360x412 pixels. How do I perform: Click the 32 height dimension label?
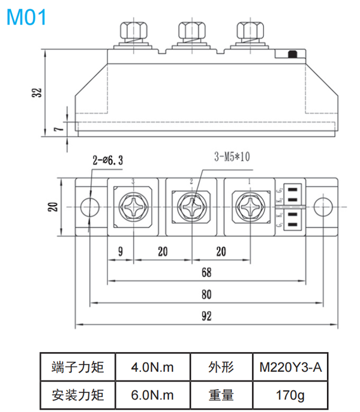[38, 93]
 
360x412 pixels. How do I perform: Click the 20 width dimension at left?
[53, 206]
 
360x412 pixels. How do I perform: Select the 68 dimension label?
[206, 272]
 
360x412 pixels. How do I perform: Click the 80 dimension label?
[206, 295]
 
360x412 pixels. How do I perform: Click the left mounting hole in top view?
[89, 206]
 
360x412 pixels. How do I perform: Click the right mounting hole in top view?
[322, 206]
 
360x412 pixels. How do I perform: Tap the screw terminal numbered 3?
[133, 208]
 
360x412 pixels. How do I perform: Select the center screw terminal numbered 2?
[191, 208]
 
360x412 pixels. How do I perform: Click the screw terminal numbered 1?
[249, 208]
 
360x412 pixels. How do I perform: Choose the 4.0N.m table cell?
[152, 367]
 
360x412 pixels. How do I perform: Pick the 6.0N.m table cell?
[152, 395]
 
